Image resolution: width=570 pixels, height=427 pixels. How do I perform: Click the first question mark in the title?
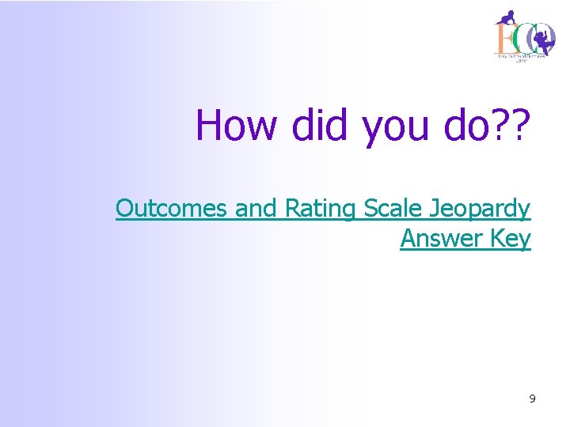pyautogui.click(x=503, y=125)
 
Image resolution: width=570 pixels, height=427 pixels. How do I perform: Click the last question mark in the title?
pyautogui.click(x=522, y=125)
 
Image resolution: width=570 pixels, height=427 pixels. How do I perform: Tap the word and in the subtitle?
pyautogui.click(x=253, y=209)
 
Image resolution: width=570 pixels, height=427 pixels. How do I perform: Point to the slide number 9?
pyautogui.click(x=532, y=399)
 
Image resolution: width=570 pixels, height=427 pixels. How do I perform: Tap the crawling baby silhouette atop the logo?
pyautogui.click(x=507, y=17)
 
